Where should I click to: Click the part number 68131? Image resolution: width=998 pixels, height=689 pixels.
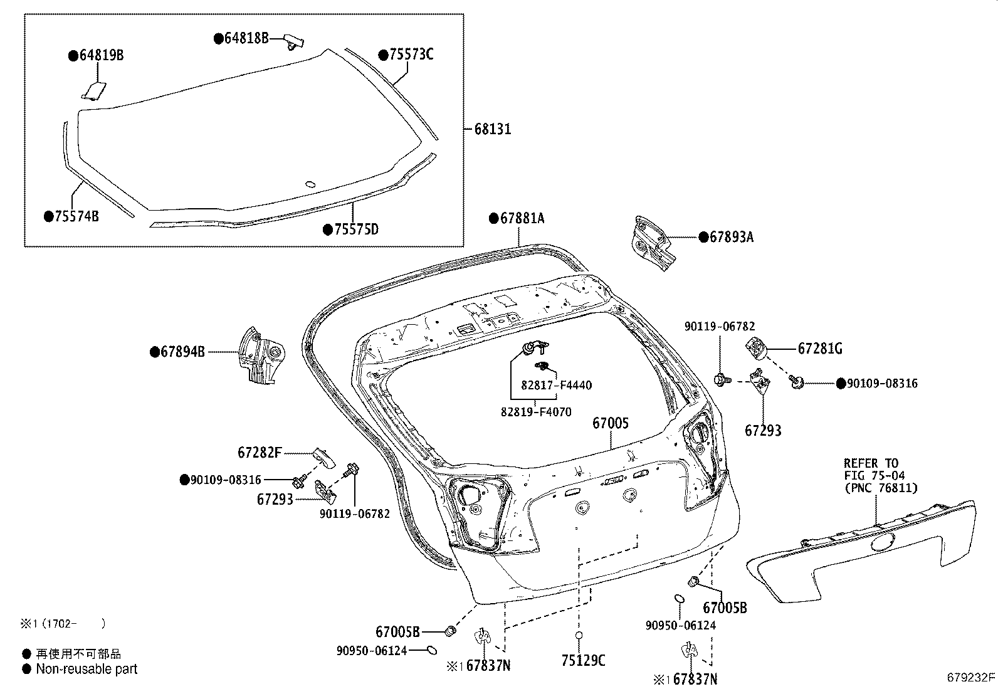click(x=493, y=129)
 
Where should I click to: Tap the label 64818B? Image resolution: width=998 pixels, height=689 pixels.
click(x=246, y=39)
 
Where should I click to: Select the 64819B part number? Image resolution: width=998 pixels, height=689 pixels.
click(x=100, y=56)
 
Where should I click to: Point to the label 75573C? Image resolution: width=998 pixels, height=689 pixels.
click(x=411, y=55)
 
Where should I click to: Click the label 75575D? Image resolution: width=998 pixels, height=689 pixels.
click(x=356, y=229)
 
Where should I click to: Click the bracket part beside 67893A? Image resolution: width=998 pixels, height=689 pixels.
click(x=653, y=243)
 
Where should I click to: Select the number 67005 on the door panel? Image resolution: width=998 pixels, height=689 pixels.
click(x=610, y=424)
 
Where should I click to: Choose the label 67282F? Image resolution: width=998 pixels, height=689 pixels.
click(x=260, y=452)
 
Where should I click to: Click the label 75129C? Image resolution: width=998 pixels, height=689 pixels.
click(x=583, y=660)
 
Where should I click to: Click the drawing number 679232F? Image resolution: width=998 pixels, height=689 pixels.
click(x=971, y=677)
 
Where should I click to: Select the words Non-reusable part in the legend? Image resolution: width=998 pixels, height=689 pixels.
click(x=87, y=669)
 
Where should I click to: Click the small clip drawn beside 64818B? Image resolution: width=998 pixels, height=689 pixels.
click(x=294, y=41)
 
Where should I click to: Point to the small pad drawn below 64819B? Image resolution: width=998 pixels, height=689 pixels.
click(x=95, y=91)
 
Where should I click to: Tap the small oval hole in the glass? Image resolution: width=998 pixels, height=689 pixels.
click(x=310, y=184)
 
